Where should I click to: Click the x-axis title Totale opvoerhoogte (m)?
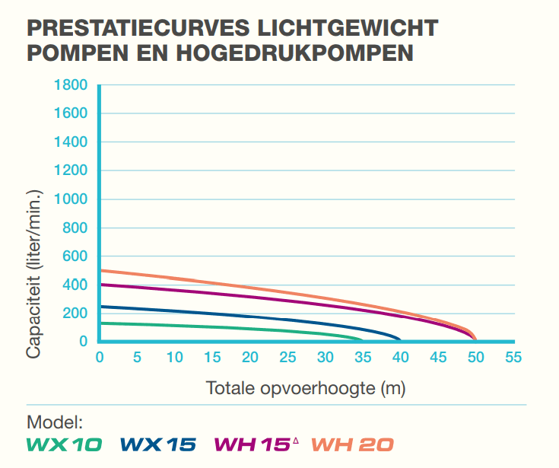306,388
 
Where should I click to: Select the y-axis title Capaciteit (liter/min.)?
34,275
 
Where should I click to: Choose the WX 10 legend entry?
65,444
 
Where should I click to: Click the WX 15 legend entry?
158,444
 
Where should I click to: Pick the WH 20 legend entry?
353,444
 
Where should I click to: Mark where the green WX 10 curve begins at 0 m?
101,323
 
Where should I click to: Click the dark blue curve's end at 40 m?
400,339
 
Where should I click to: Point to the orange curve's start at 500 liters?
101,270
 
